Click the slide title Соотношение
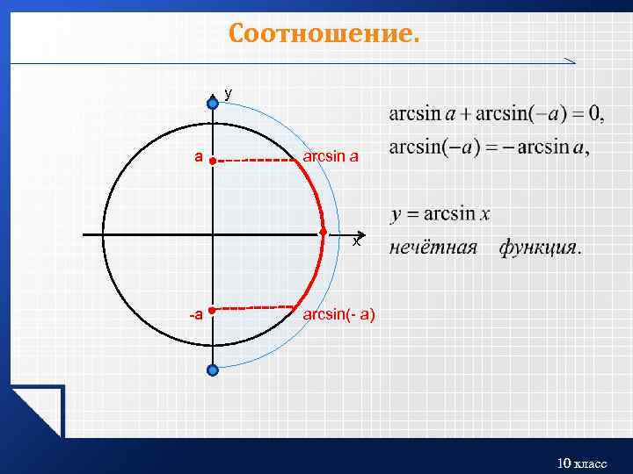[x=324, y=34]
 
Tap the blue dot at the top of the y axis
[x=212, y=104]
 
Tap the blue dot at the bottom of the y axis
[x=212, y=370]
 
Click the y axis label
[x=229, y=92]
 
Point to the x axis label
[x=356, y=241]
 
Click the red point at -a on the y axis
[x=213, y=309]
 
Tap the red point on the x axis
[x=323, y=233]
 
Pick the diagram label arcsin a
[x=331, y=157]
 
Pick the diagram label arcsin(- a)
[x=338, y=313]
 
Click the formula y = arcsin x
[x=440, y=214]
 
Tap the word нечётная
[x=433, y=248]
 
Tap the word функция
[x=539, y=248]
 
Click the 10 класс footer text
[x=582, y=463]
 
